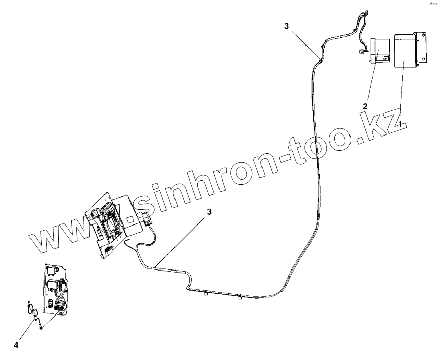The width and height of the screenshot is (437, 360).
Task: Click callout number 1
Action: point(400,123)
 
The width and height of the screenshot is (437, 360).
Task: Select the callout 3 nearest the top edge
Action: point(287,27)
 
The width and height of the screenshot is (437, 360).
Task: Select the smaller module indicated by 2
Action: point(380,51)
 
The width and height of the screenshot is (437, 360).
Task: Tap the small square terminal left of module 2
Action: point(362,51)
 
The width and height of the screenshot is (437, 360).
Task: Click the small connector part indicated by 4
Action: point(36,314)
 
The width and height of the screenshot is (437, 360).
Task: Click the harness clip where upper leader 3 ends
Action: point(318,56)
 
